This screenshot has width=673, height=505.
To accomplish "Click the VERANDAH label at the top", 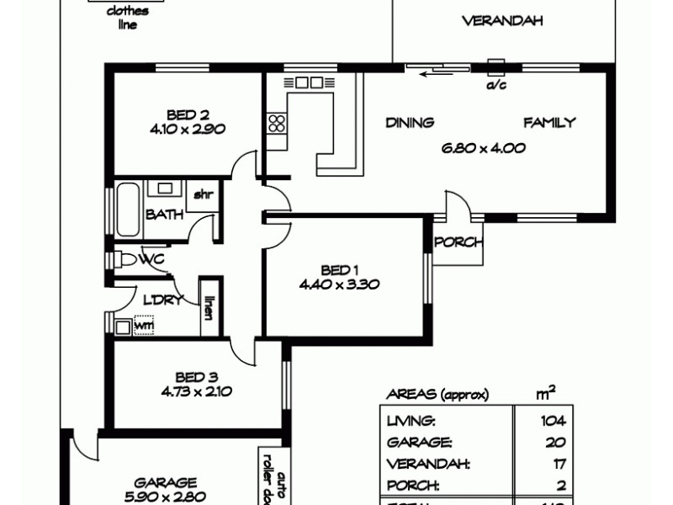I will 502,21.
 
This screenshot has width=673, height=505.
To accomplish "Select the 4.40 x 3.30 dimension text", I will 339,284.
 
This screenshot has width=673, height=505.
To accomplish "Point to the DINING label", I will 410,123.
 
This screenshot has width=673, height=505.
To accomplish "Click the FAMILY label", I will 550,123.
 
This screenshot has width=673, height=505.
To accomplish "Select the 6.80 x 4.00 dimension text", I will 484,148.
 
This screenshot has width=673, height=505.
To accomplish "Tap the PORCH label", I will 458,242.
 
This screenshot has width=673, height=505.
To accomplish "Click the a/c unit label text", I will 495,84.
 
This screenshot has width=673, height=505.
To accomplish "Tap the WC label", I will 152,258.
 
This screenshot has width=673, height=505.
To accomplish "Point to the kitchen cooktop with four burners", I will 276,126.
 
